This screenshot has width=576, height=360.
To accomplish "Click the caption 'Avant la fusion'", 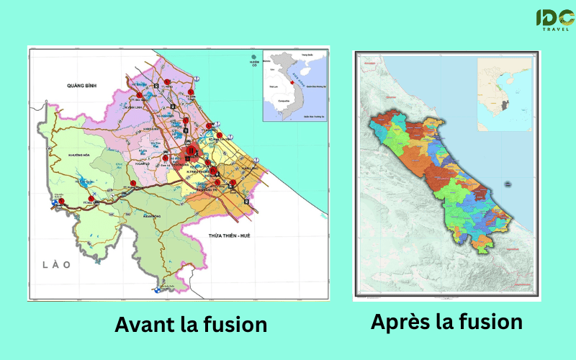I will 191,325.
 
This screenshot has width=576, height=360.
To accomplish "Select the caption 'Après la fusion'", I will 446,322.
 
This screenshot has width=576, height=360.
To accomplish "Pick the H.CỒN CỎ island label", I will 253,64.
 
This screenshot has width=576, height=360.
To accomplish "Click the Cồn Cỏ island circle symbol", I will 253,56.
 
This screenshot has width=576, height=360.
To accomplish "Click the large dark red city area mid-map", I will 192,152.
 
